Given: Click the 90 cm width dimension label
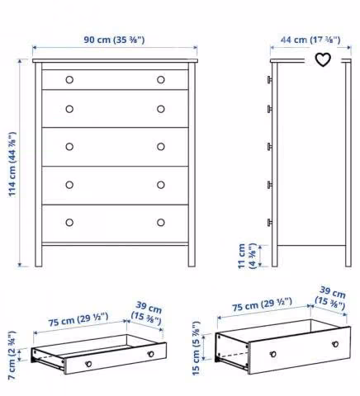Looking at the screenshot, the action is click(x=114, y=40).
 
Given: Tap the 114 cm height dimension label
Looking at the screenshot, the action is click(x=12, y=164).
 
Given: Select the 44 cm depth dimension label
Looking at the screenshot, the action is click(x=310, y=40).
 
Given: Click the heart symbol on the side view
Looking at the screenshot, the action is click(x=323, y=59).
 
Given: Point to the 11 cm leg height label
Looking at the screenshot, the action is click(x=247, y=256).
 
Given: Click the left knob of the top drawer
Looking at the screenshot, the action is click(x=69, y=80).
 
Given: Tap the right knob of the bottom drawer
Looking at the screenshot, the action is click(x=161, y=222).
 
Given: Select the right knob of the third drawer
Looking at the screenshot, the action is click(x=161, y=147).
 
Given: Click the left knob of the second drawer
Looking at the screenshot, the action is click(x=69, y=109).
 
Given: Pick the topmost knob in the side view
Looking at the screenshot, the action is click(x=269, y=80).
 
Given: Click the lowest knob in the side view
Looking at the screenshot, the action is click(x=269, y=222).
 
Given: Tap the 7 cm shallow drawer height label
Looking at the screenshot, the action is click(x=12, y=356).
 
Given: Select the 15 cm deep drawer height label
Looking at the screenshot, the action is click(x=196, y=348).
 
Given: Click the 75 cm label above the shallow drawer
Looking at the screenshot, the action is click(x=78, y=319).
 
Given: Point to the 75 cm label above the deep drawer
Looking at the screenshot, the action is click(x=262, y=304).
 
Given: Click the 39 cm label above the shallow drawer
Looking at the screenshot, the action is click(x=147, y=313).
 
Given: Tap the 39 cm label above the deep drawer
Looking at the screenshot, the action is click(x=330, y=298).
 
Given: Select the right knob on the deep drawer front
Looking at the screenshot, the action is click(x=335, y=344).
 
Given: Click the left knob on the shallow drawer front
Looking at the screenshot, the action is click(x=88, y=364).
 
